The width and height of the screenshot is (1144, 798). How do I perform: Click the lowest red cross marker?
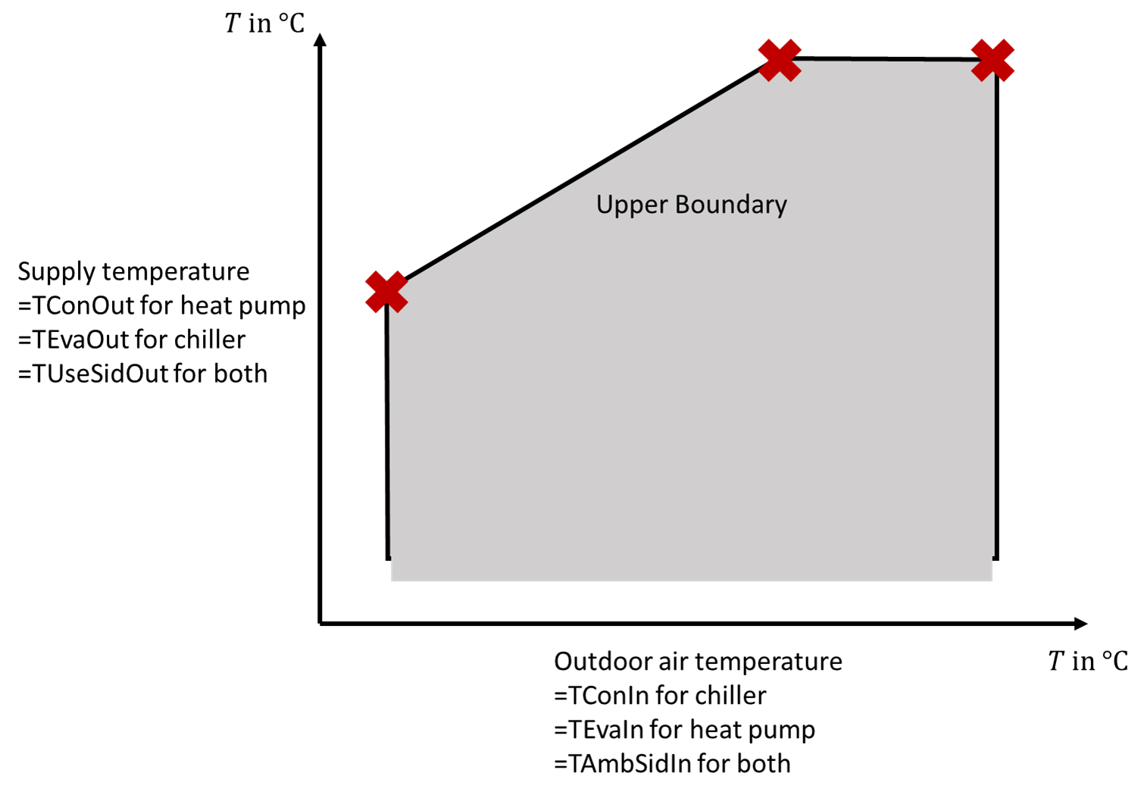386,291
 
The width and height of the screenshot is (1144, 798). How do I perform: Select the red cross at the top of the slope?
780,60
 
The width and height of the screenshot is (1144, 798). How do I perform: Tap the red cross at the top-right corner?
992,60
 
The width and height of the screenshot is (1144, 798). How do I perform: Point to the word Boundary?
730,205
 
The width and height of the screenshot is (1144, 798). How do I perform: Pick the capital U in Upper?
605,204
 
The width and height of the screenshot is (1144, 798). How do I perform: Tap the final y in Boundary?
781,208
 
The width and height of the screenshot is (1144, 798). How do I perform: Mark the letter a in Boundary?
757,206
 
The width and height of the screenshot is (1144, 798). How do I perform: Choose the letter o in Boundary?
696,206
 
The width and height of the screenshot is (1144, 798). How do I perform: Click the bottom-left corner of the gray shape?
392,581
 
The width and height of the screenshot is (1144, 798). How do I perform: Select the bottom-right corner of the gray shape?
992,581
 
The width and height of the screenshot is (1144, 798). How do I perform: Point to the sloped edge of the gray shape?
583,177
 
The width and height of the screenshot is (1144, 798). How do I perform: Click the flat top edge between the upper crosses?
886,61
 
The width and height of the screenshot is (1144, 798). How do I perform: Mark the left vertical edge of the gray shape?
390,432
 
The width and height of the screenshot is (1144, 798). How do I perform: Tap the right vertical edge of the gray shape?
994,318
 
